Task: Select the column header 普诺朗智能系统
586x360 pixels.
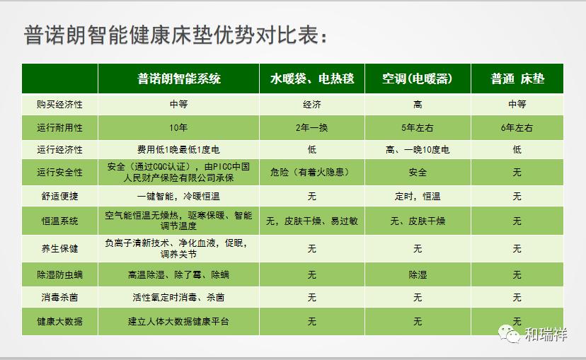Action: coord(178,79)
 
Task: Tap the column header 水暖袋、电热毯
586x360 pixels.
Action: coord(311,79)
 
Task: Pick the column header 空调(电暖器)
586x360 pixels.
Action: coord(418,79)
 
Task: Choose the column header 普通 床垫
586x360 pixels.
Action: coord(517,79)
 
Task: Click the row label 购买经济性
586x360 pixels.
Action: coord(59,104)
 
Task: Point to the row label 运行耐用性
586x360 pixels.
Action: coord(59,128)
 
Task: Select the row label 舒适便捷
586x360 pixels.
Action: coord(59,196)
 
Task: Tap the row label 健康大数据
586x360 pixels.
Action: coord(59,321)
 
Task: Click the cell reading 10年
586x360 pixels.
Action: coord(178,128)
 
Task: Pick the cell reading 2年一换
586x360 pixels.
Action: coord(311,128)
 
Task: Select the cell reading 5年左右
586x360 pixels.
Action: coord(418,128)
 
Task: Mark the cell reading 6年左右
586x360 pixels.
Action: coord(517,128)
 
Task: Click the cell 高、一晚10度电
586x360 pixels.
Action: coord(418,150)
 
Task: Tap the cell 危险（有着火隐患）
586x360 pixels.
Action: coord(309,172)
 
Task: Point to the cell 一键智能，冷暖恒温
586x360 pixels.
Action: coord(178,196)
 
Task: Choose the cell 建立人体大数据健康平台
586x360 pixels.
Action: coord(178,321)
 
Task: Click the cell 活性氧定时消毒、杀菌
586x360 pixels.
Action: coord(178,297)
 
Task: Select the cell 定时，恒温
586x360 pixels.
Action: coord(418,196)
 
